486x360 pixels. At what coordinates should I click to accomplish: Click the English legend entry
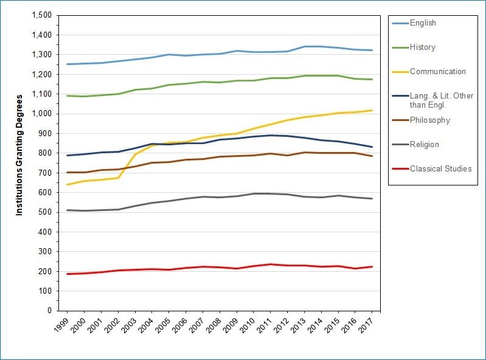[423, 23]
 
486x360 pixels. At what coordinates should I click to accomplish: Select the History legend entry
[422, 47]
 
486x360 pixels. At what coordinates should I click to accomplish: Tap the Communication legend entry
[437, 72]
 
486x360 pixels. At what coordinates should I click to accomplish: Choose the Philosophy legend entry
[429, 120]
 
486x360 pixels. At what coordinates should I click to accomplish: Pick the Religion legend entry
[424, 145]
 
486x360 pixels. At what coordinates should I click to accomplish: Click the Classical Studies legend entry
[440, 168]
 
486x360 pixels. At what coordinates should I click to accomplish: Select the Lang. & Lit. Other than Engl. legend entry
[441, 100]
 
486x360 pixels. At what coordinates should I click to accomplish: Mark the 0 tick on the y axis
[49, 311]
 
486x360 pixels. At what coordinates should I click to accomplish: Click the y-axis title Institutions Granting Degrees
[19, 154]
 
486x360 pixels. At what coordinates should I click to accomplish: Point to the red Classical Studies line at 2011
[270, 265]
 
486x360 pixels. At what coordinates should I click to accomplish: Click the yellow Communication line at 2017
[372, 111]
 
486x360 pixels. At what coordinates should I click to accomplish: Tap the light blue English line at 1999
[68, 64]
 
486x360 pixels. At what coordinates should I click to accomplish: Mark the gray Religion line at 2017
[372, 199]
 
